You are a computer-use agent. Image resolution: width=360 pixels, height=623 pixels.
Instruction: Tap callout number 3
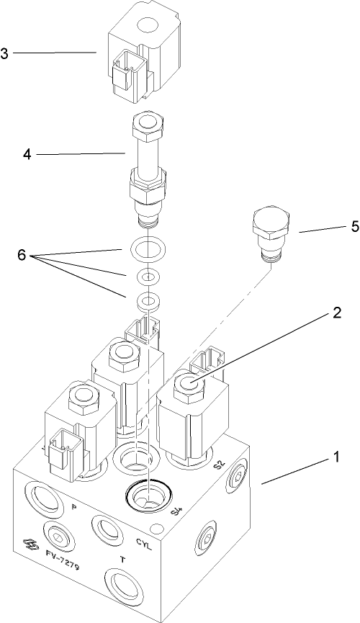point(6,53)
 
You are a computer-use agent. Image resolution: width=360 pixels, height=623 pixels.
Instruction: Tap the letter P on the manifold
point(74,508)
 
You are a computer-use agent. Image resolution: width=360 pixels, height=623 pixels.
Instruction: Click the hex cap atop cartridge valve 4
point(148,127)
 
